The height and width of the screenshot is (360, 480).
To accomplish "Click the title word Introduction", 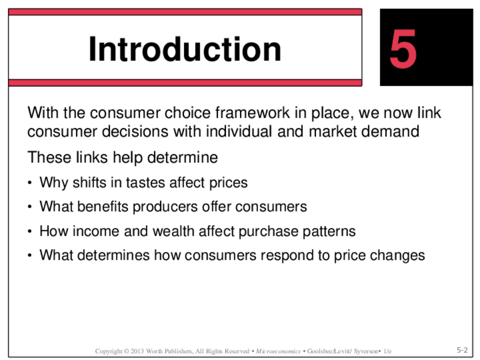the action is tap(185, 49).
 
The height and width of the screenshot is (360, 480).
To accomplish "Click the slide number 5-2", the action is tap(462, 350).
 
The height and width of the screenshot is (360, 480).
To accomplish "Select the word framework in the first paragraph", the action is tap(252, 113).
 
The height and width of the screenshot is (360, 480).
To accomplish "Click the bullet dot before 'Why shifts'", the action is tap(29, 183).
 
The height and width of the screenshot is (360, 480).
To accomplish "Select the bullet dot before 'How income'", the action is tap(29, 232).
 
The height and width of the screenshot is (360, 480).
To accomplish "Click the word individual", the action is tap(239, 132).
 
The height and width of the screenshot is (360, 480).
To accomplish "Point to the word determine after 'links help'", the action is tap(182, 157).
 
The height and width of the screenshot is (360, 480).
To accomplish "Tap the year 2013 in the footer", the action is tap(137, 351).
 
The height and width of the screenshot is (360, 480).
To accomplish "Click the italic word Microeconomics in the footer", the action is tap(278, 351).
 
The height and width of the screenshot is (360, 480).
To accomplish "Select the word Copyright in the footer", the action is tap(109, 351).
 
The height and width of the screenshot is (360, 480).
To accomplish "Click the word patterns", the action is tap(329, 232).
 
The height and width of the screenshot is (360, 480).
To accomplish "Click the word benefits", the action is tap(103, 207).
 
